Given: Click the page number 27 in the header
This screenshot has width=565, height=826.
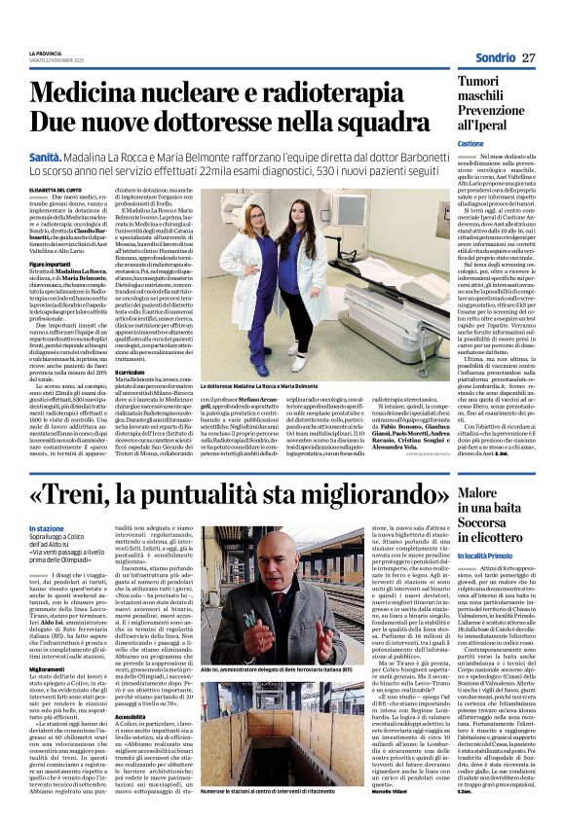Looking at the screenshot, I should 528,58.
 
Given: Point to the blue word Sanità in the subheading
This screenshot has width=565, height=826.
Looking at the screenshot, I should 45,156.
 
